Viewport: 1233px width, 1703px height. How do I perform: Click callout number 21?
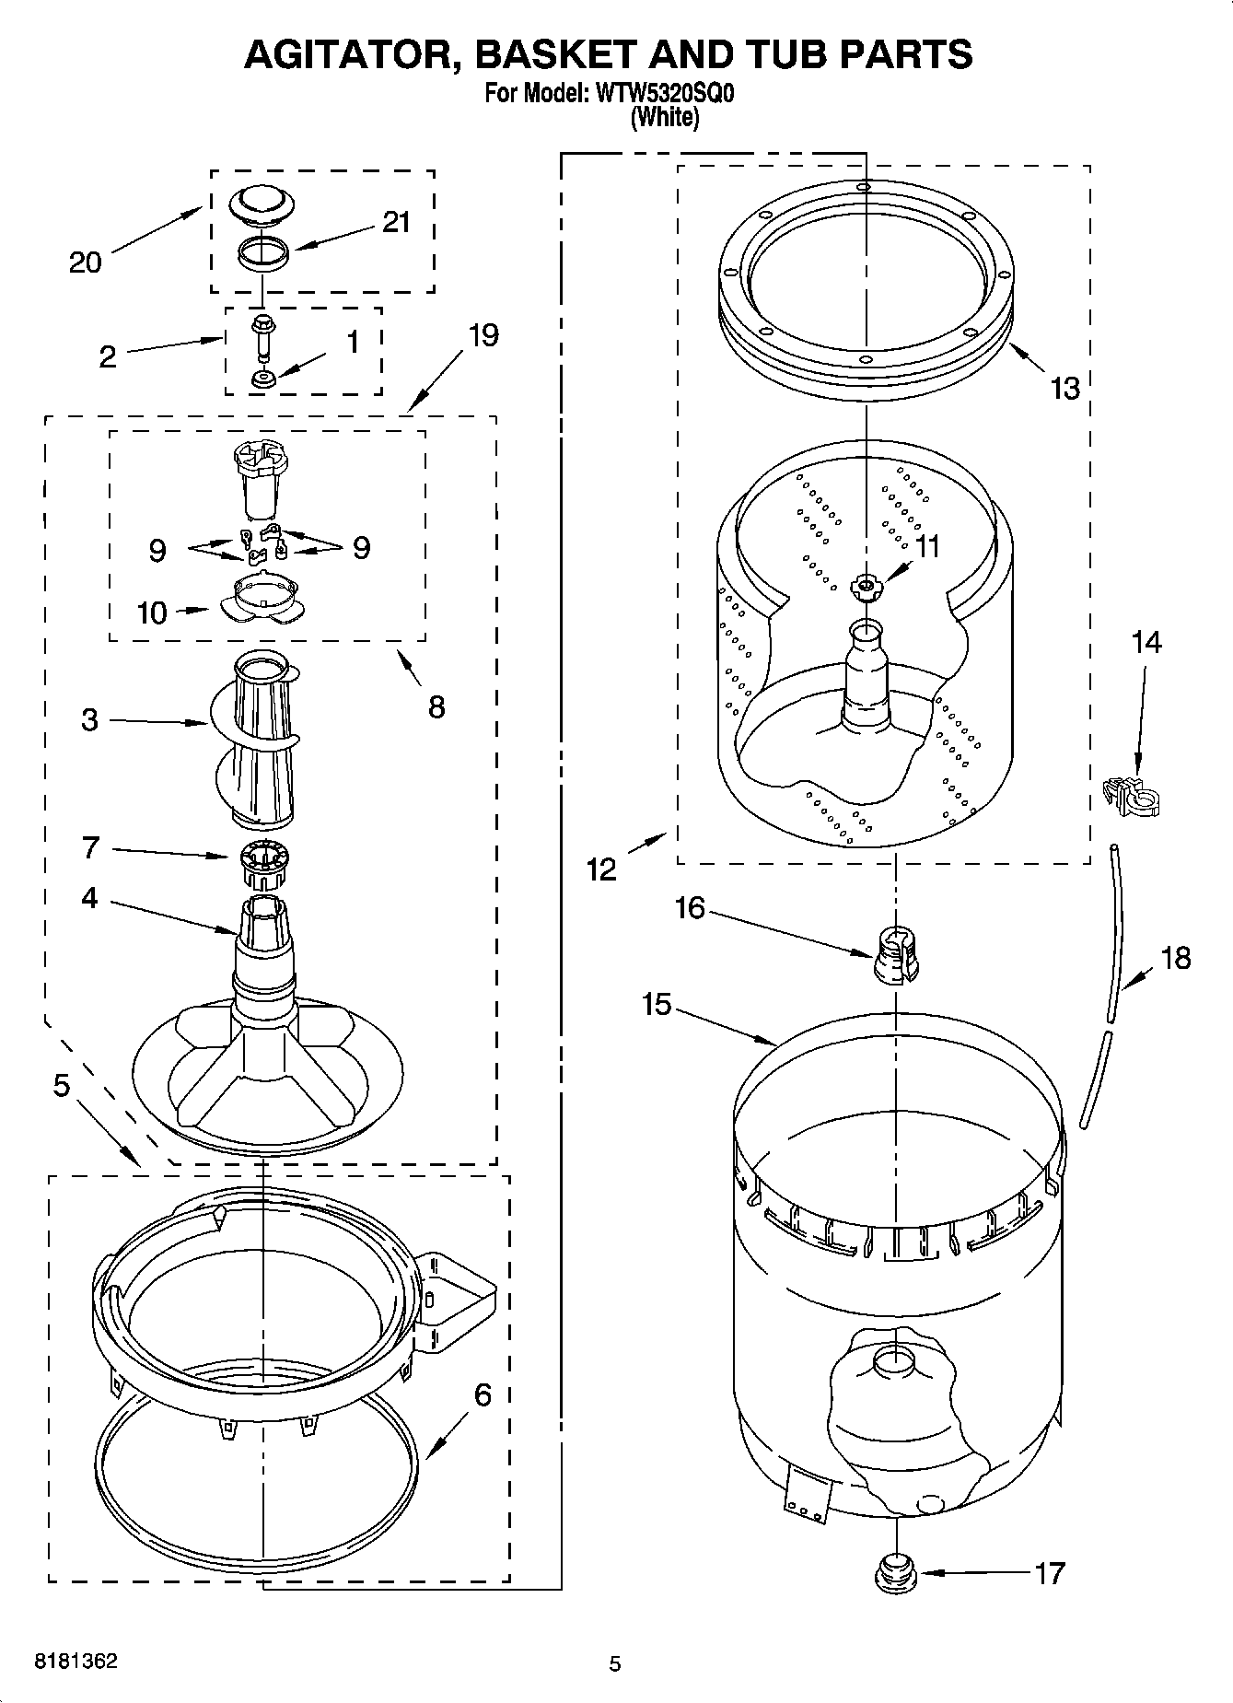point(396,223)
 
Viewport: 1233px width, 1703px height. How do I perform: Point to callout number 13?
point(1064,389)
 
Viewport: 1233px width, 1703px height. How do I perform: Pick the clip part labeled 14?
point(1132,796)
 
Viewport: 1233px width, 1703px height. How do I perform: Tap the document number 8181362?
point(76,1662)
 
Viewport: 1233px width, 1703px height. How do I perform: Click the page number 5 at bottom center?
point(615,1663)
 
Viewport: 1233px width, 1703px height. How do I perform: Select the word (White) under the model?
point(665,118)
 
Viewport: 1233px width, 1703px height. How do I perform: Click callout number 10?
point(152,612)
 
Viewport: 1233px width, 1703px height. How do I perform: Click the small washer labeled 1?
point(263,378)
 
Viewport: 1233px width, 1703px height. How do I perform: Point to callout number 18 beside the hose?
point(1176,958)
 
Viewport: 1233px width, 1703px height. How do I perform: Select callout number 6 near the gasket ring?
point(483,1394)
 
